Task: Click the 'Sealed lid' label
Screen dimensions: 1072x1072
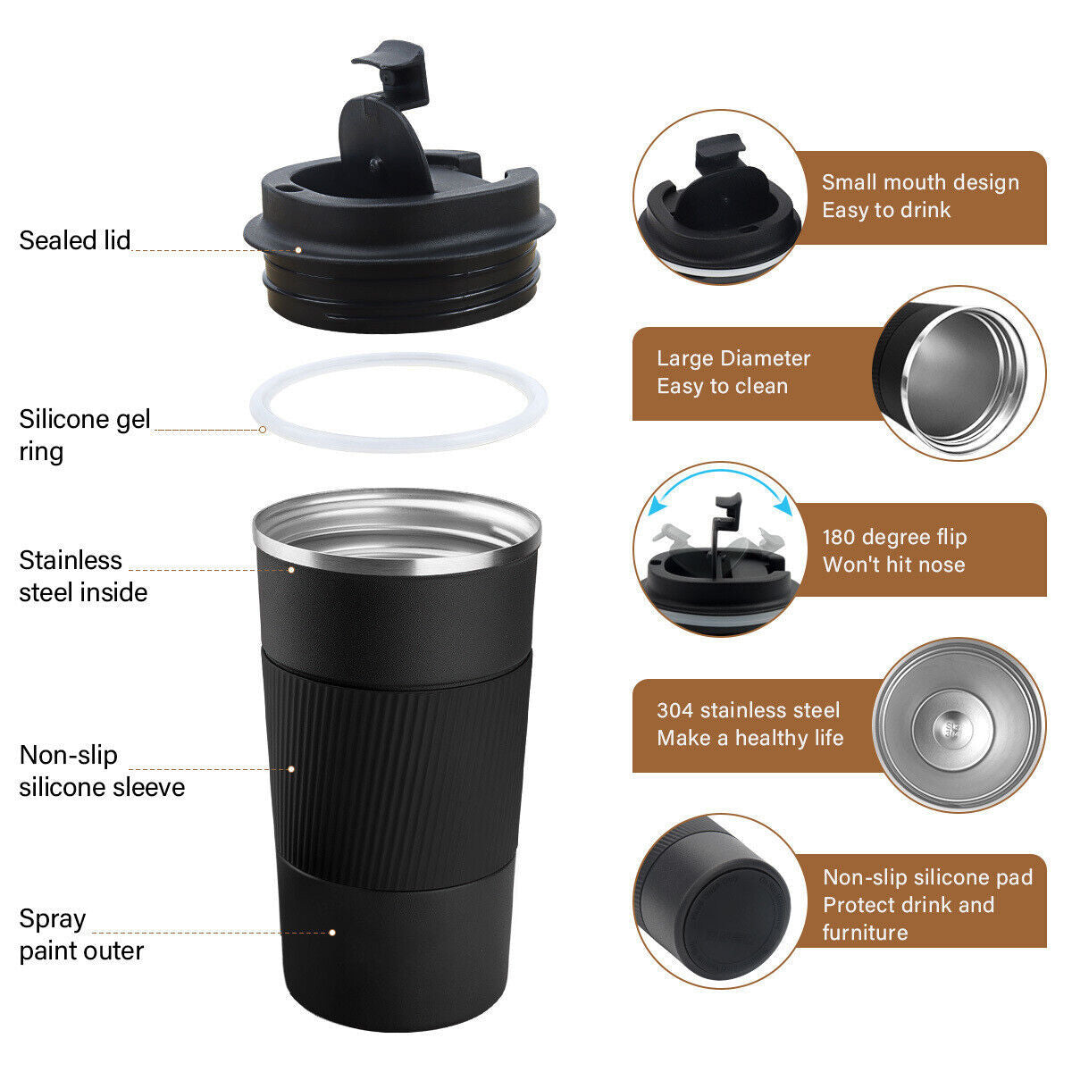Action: pyautogui.click(x=75, y=240)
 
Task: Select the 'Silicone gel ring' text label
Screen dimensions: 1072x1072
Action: pyautogui.click(x=84, y=434)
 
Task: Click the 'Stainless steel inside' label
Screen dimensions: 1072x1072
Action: pyautogui.click(x=82, y=576)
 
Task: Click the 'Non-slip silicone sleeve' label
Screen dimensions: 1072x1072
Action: pyautogui.click(x=101, y=771)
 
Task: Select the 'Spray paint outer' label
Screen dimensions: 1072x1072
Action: pyautogui.click(x=80, y=934)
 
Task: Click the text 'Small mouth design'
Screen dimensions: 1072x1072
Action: pyautogui.click(x=920, y=182)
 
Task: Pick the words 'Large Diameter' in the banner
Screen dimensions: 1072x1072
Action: pyautogui.click(x=733, y=358)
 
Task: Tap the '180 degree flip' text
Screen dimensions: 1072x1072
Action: pyautogui.click(x=894, y=537)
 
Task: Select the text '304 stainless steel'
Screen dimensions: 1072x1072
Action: pyautogui.click(x=748, y=710)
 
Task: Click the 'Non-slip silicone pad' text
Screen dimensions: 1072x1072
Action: pyautogui.click(x=927, y=877)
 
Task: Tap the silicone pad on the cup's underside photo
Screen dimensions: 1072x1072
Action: pyautogui.click(x=737, y=919)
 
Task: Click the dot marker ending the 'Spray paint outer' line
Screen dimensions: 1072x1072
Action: pyautogui.click(x=332, y=932)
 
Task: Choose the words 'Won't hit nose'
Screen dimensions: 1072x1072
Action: pyautogui.click(x=893, y=565)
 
